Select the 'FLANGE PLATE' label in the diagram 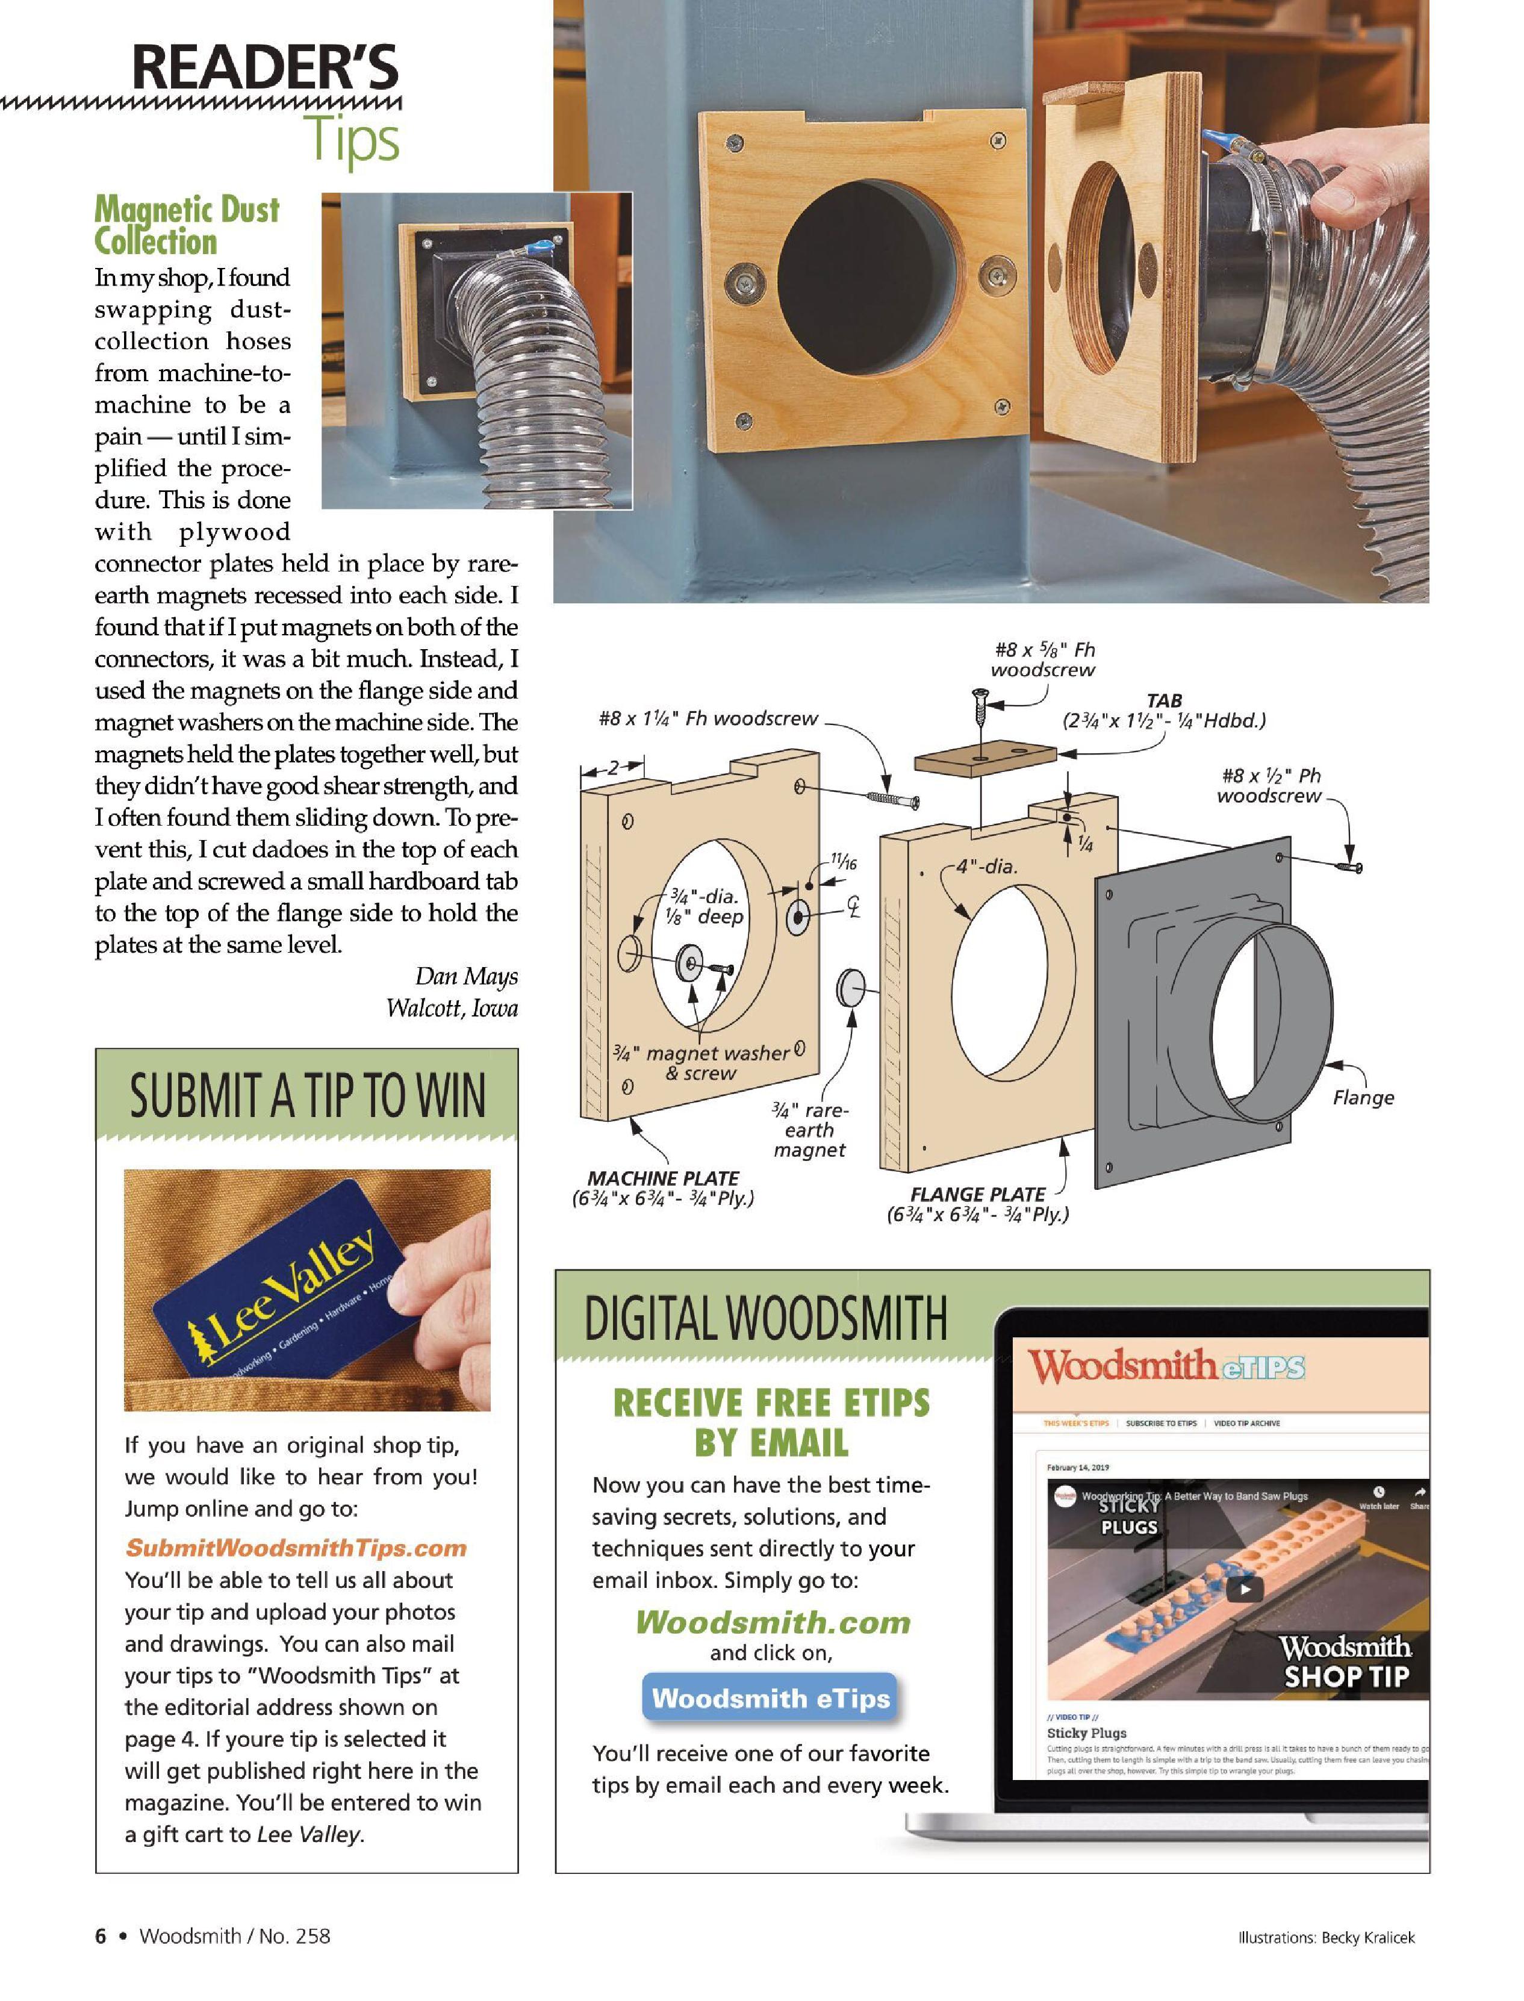(977, 1195)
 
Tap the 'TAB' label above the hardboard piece (1164, 700)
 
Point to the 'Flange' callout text (1363, 1098)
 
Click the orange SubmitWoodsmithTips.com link (296, 1548)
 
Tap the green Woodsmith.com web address (772, 1621)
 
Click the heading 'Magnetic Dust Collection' (187, 225)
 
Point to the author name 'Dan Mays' (466, 976)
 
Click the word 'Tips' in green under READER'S (352, 140)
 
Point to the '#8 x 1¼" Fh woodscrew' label (708, 718)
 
